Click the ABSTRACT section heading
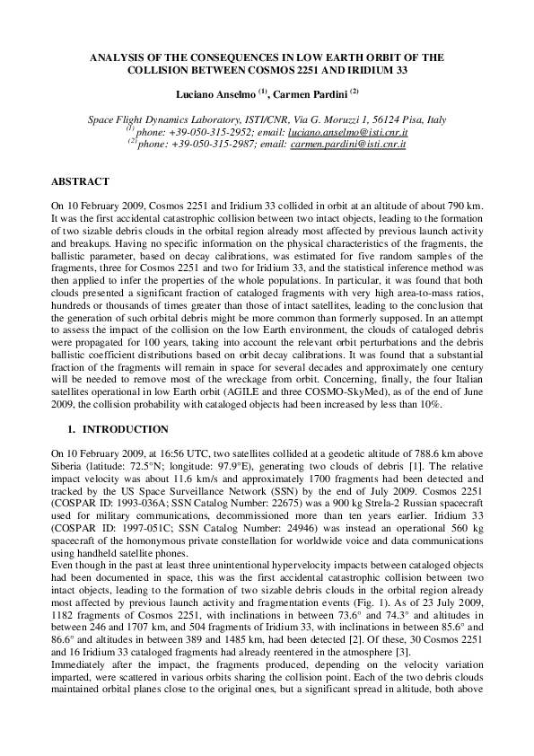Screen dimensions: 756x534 coord(81,180)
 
